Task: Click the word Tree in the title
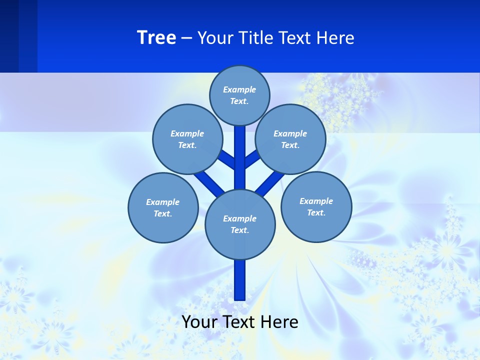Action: tap(156, 37)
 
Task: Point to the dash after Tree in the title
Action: tap(187, 38)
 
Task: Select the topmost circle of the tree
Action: tap(239, 95)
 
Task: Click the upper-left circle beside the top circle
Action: tap(187, 139)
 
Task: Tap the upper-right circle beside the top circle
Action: tap(290, 139)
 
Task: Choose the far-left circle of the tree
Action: tap(163, 207)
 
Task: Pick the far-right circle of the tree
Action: tap(316, 206)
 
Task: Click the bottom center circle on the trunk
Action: tap(240, 224)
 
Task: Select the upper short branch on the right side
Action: tap(251, 159)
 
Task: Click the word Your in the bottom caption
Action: tap(199, 322)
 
